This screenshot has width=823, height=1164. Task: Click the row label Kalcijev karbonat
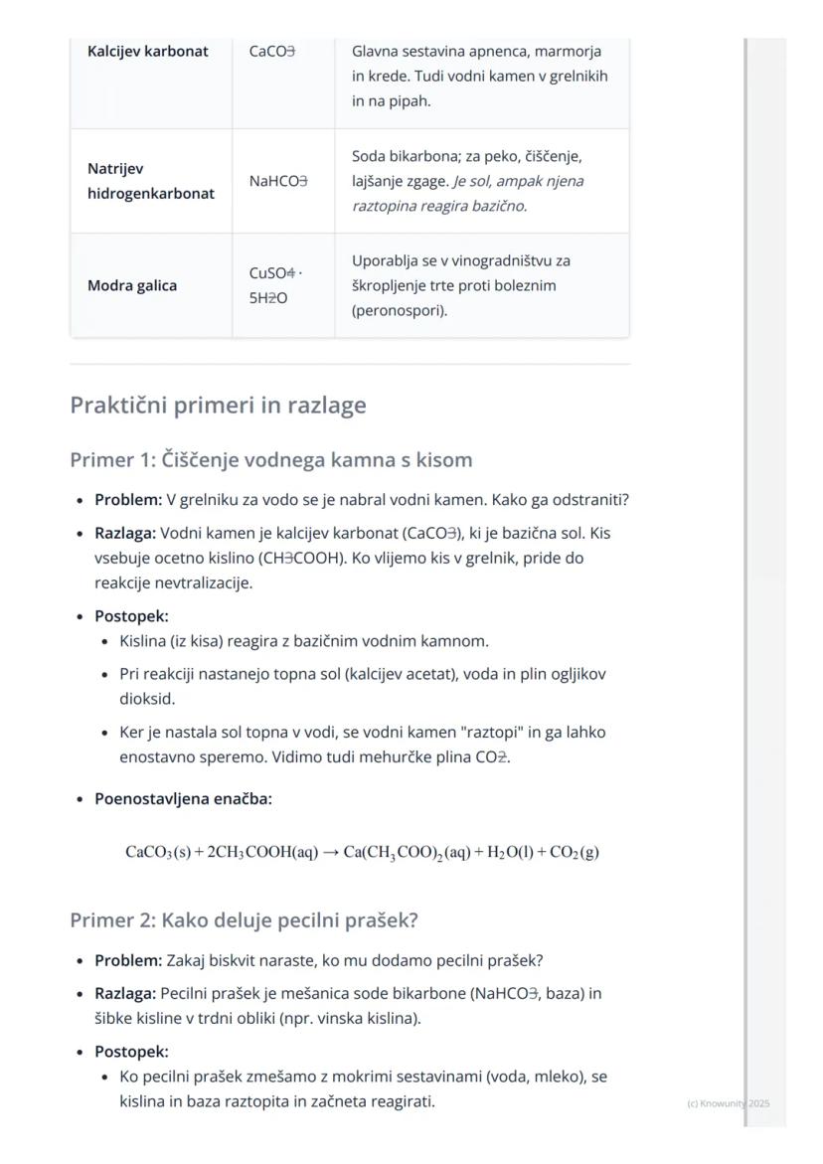coord(148,52)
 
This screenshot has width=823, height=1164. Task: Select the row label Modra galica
coord(132,286)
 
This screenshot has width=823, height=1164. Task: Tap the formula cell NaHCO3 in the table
coord(278,181)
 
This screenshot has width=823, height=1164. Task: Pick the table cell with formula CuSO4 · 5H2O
coord(275,285)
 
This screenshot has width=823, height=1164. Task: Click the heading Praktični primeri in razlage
coord(218,406)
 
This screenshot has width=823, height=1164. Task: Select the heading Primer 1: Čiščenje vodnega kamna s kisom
coord(270,460)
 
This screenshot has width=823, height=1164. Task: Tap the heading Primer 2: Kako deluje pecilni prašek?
coord(244,920)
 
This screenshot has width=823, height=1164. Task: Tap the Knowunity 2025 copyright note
coord(728,1103)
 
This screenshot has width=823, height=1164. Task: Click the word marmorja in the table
coord(569,51)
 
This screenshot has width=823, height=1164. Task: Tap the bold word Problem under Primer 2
coord(127,961)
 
